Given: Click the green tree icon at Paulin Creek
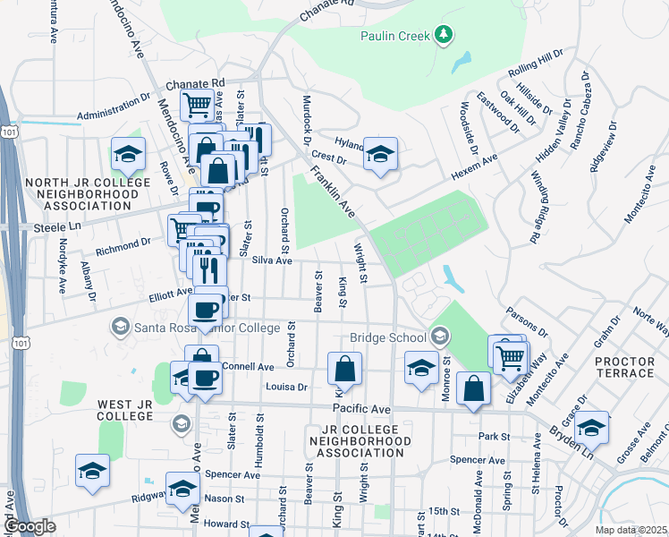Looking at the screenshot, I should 443,35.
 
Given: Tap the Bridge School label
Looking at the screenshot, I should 388,337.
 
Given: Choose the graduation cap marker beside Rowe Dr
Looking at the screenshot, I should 128,153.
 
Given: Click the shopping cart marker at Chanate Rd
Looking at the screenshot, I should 198,104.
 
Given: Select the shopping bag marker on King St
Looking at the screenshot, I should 344,368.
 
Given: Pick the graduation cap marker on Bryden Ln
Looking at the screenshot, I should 591,427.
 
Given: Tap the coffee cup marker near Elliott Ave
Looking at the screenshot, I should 206,311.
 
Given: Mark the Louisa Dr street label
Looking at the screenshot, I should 286,388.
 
